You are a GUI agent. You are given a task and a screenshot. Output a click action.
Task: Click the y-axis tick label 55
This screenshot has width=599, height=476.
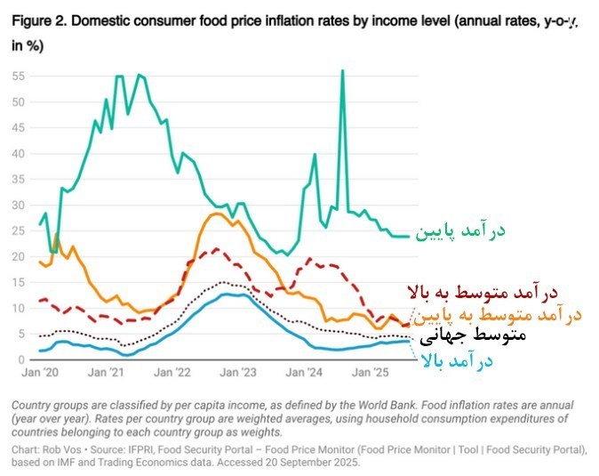click(19, 76)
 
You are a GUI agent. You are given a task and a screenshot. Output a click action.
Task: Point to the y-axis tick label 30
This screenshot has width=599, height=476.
click(19, 205)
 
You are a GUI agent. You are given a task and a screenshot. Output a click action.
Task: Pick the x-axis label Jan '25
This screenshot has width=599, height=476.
click(372, 375)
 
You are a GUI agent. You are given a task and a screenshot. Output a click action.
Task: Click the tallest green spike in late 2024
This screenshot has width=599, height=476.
click(342, 70)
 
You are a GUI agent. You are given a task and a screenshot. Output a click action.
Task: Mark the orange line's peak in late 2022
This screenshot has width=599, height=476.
click(219, 214)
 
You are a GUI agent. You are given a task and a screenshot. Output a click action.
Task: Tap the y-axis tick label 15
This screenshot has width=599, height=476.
click(19, 282)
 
